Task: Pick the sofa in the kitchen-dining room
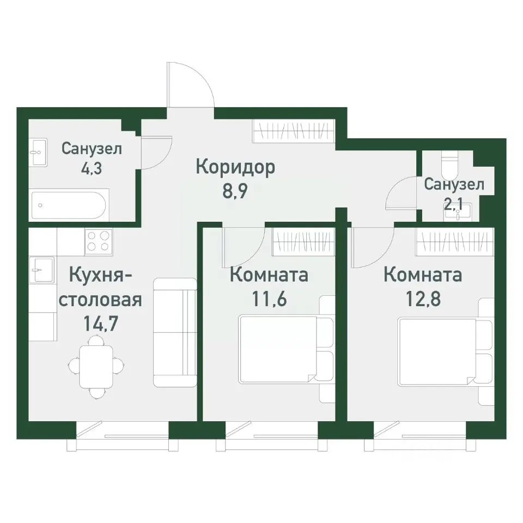[174, 332]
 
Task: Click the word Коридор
[235, 166]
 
